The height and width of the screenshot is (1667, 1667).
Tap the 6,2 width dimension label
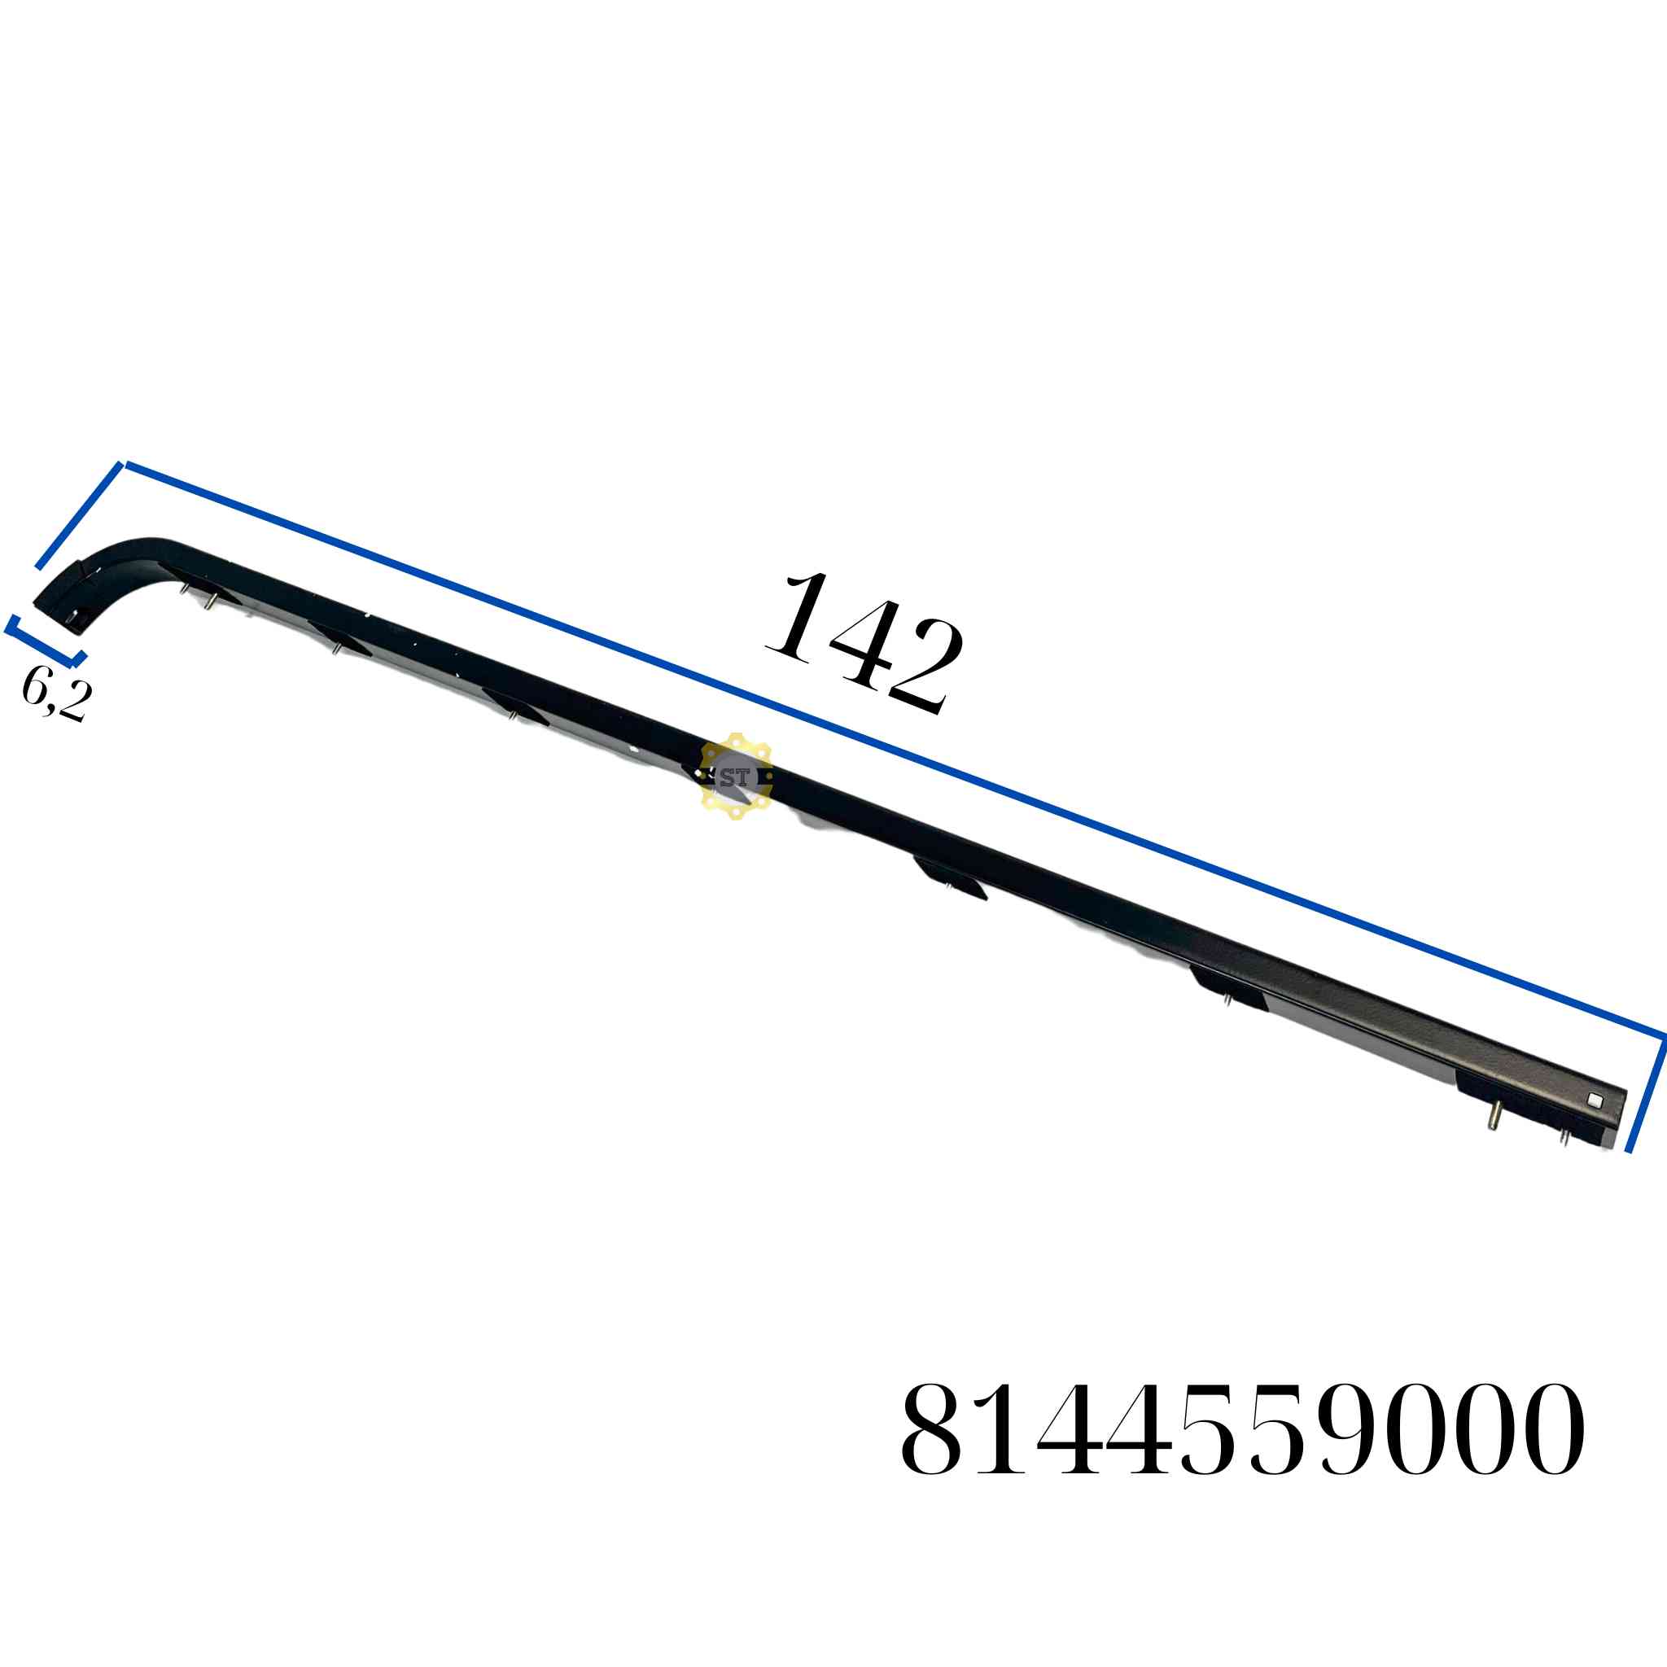point(56,695)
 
